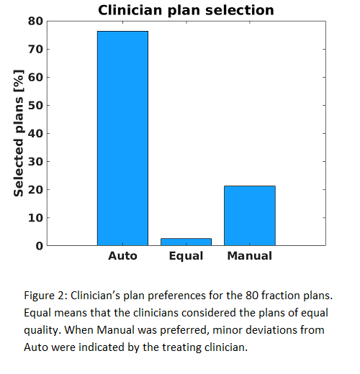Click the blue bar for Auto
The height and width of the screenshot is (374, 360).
pos(122,138)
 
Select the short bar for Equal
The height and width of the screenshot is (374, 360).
pos(186,242)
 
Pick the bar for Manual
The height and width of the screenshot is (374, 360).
pos(250,216)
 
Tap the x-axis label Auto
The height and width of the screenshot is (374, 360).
pos(122,256)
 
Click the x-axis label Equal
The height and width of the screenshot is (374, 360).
pos(186,256)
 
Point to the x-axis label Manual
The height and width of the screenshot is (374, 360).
pos(250,256)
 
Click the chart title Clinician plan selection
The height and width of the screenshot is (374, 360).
pos(186,10)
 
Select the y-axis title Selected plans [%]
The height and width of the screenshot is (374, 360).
pos(19,133)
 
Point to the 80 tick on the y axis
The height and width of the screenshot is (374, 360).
pos(35,21)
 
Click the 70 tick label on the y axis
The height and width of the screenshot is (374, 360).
pos(35,49)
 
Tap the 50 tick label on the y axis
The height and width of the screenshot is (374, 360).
pos(35,105)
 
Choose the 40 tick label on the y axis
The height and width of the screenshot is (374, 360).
pos(35,133)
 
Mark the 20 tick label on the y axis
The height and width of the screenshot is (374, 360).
pos(35,190)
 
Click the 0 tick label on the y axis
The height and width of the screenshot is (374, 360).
pos(40,246)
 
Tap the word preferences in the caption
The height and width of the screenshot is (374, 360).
pos(176,296)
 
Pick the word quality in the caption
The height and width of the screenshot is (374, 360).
pos(41,331)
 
